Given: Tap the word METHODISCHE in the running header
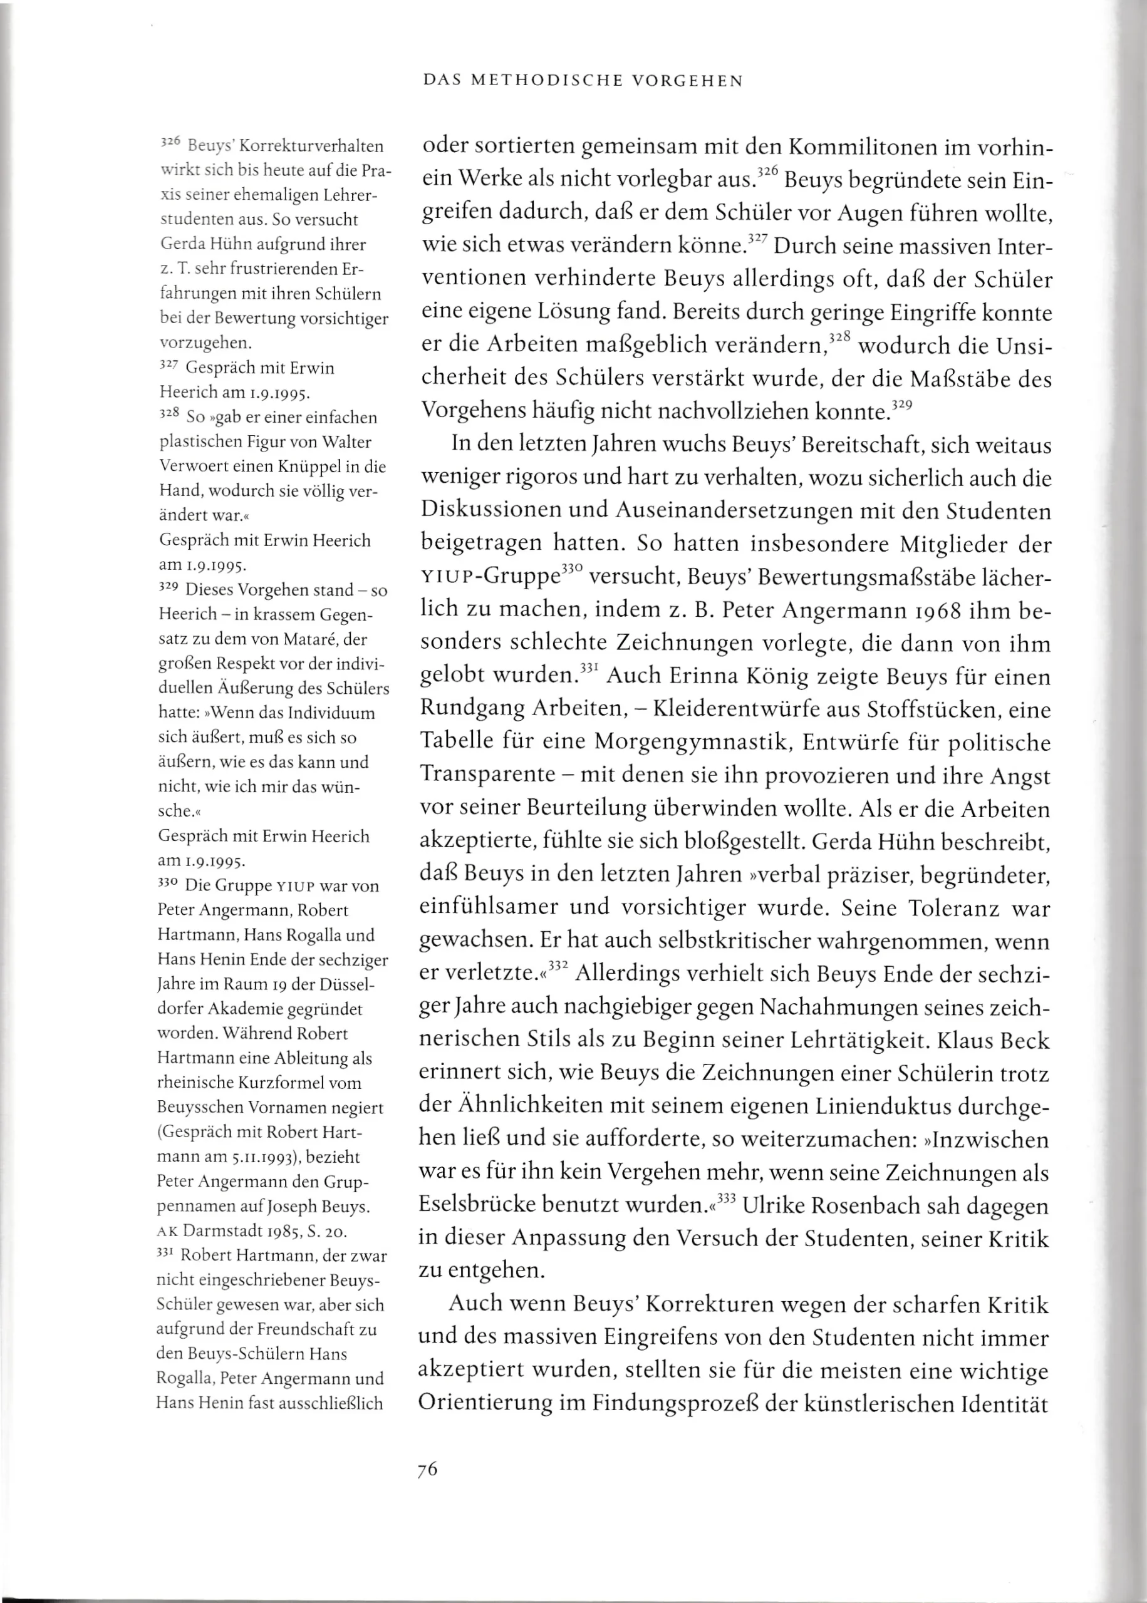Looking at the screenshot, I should coord(544,81).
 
